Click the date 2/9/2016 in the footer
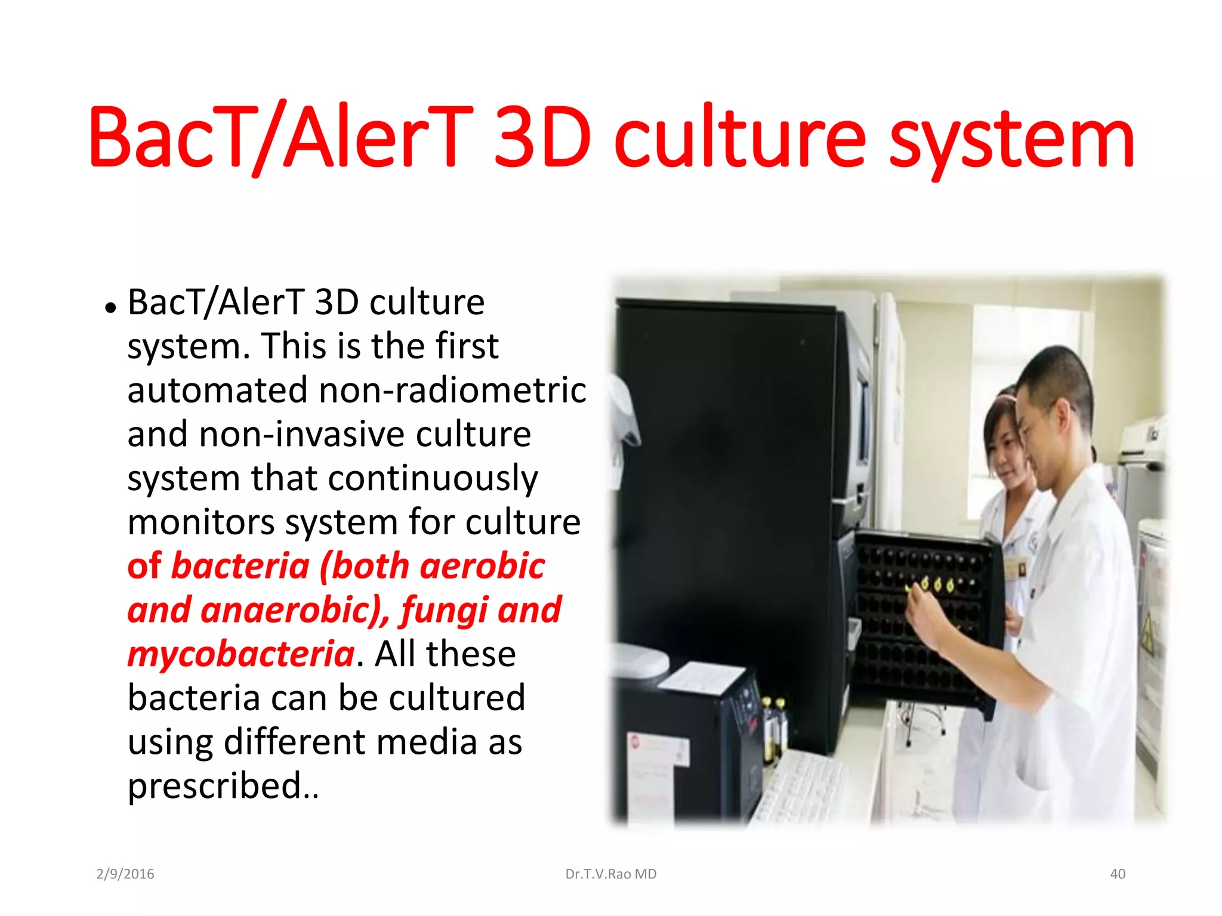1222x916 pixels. click(125, 874)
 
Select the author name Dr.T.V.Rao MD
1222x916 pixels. click(610, 874)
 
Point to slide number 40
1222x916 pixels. click(1117, 874)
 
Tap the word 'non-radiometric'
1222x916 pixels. click(452, 390)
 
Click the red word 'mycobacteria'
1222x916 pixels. click(241, 654)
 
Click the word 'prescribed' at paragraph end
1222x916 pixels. click(214, 786)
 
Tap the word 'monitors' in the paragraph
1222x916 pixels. click(201, 522)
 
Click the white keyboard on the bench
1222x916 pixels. click(803, 787)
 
